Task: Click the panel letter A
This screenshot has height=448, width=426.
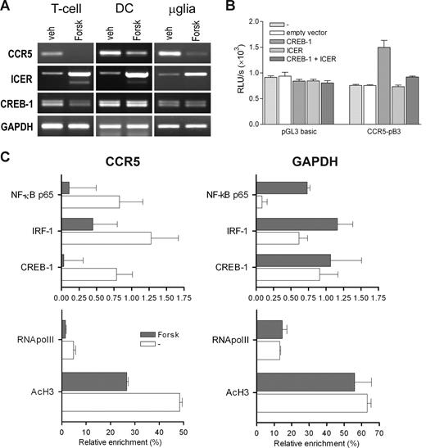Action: tap(7, 7)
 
